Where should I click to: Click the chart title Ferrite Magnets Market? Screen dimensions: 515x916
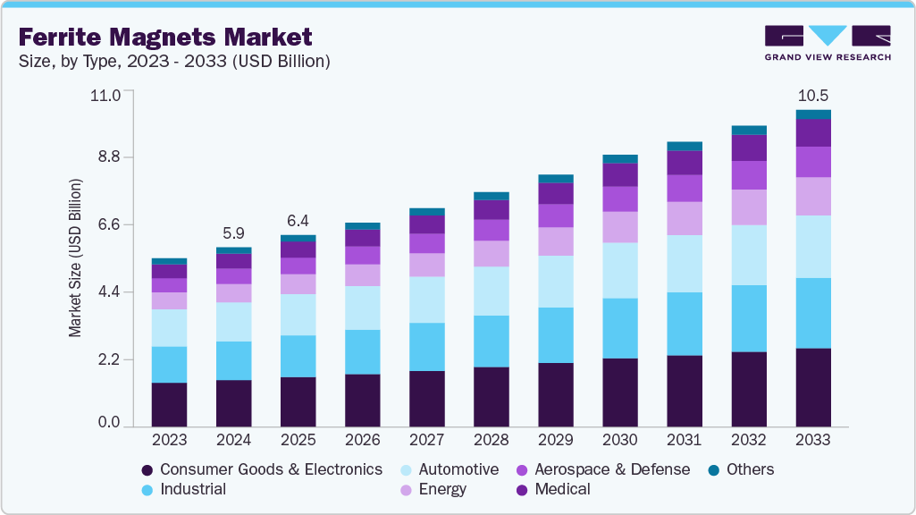(165, 37)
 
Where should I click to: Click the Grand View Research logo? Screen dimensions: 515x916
(827, 43)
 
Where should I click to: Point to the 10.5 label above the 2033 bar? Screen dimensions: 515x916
(813, 96)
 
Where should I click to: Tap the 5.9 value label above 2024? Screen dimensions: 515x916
(233, 233)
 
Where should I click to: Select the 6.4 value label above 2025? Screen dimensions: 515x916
(298, 221)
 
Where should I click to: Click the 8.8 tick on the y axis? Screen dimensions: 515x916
(108, 157)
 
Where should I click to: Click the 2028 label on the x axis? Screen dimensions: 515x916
(491, 440)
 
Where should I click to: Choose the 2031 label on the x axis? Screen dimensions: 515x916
(684, 440)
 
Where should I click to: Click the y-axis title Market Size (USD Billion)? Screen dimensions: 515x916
(75, 257)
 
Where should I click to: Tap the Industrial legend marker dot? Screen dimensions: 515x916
(148, 490)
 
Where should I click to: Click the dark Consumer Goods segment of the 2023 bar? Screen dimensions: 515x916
(169, 404)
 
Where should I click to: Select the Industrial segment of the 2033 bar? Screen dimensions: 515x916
(813, 313)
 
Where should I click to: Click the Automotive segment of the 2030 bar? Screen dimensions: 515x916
(619, 270)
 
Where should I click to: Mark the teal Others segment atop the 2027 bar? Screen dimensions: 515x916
(426, 212)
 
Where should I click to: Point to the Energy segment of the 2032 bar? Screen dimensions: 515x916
(749, 207)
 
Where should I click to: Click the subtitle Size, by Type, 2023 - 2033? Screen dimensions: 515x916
(174, 62)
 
